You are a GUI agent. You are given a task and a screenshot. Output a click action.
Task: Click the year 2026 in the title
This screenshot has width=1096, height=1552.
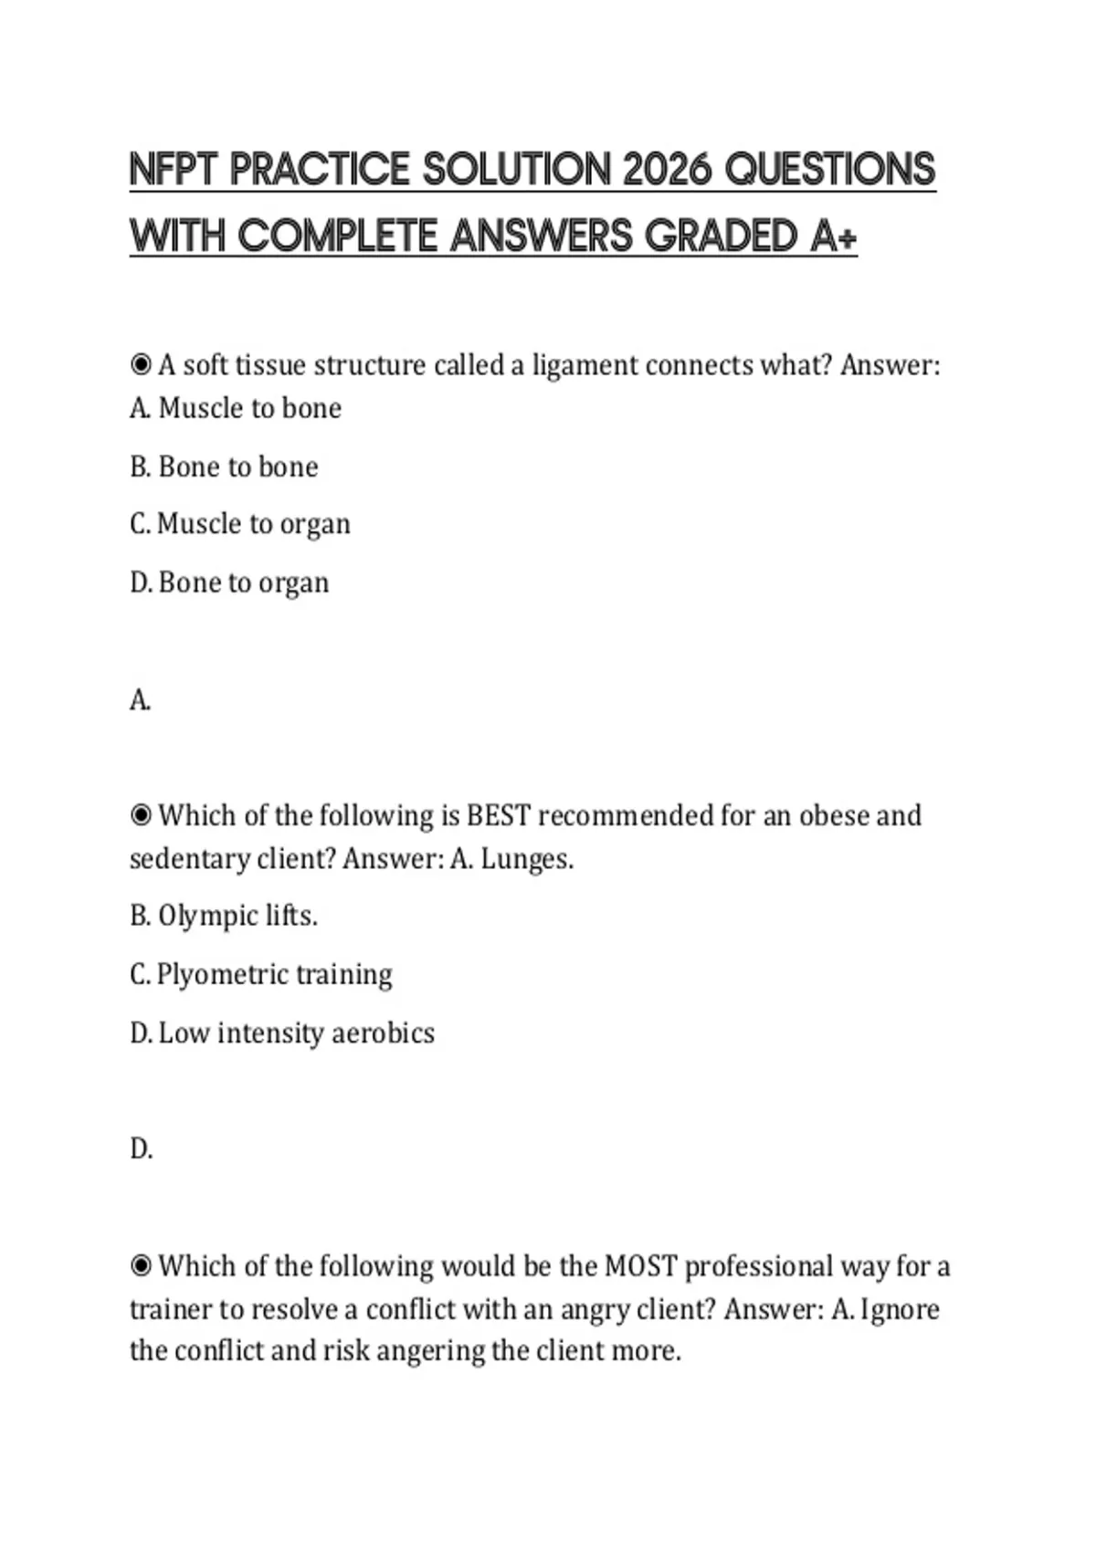coord(668,170)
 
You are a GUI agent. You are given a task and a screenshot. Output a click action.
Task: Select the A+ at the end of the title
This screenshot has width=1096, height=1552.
coord(833,236)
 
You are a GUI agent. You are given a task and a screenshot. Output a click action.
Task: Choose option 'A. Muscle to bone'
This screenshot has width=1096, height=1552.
coord(236,408)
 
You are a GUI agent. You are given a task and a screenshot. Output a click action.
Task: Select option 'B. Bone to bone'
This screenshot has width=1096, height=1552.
coord(224,467)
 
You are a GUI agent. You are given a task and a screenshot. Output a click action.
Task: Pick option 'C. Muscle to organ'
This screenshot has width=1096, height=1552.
coord(240,524)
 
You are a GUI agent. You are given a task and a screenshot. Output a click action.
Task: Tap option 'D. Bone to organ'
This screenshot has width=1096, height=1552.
coord(229,582)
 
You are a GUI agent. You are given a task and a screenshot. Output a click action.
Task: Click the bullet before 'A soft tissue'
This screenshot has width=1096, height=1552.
coord(141,365)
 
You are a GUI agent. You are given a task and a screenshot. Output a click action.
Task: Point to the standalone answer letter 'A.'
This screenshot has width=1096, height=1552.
coord(140,700)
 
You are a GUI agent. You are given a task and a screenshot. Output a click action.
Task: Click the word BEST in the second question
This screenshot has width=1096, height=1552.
coord(499,815)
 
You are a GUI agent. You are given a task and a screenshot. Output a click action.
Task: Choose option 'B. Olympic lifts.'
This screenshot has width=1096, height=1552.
coord(224,916)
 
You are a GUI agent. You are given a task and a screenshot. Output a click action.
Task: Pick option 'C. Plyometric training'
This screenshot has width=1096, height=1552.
coord(261,974)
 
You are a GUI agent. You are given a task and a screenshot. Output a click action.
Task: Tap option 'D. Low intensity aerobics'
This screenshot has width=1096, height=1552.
coord(282,1033)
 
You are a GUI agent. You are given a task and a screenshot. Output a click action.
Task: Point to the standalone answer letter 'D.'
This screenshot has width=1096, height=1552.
coord(141,1148)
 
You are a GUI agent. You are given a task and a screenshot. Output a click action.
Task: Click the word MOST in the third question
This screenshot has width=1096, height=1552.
coord(640,1266)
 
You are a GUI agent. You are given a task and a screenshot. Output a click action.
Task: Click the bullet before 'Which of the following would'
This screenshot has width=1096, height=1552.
coord(141,1266)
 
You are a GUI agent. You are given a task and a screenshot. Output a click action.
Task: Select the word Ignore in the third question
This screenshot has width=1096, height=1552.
coord(900,1309)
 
